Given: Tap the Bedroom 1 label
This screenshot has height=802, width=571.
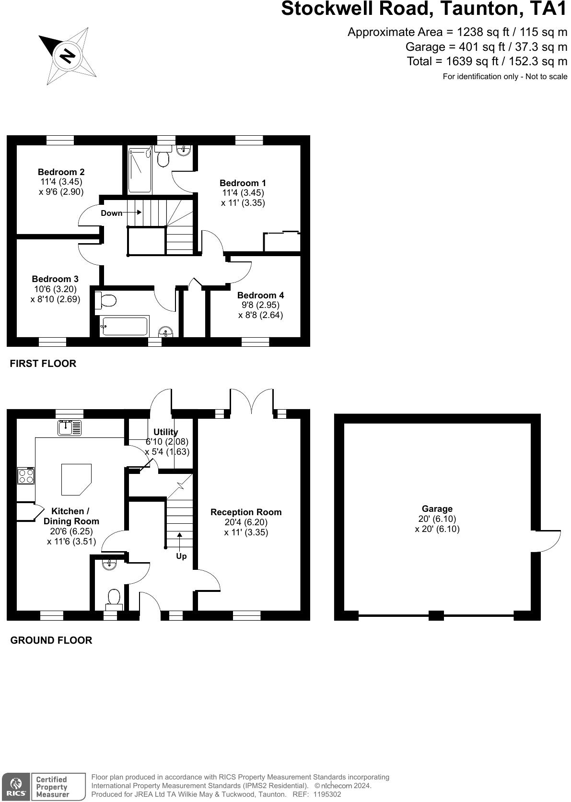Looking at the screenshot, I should click(243, 183).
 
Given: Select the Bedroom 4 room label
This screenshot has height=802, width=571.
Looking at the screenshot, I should click(260, 295).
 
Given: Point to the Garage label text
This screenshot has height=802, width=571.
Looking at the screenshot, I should click(437, 508).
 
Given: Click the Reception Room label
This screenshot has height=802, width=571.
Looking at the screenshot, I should click(246, 512).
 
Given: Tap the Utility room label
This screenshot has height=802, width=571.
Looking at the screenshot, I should click(166, 432).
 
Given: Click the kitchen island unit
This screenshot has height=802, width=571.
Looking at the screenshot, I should click(75, 479).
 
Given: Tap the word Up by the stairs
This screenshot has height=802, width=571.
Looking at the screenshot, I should click(181, 556).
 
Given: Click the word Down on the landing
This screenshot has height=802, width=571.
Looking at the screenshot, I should click(111, 213).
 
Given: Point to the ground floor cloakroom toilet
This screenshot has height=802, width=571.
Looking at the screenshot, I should click(114, 599).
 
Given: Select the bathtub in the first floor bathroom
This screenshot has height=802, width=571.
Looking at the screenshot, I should click(124, 326).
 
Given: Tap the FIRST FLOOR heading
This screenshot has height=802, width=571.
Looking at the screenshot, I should click(43, 363).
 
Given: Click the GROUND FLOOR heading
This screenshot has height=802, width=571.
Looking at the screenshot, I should click(51, 640).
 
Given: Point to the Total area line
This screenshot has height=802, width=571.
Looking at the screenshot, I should click(487, 61).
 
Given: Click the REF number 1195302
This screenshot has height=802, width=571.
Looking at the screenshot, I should click(327, 794).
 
